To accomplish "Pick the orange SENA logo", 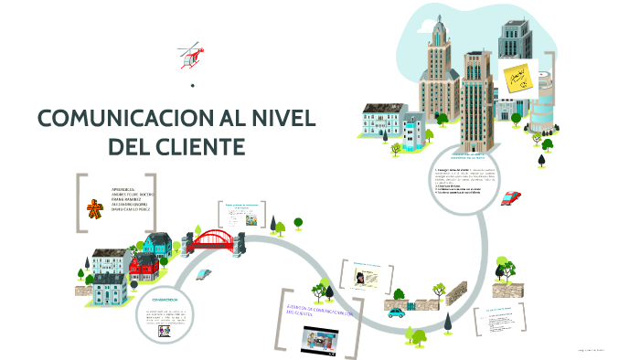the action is point(94,209).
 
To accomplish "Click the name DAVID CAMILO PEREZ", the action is point(132,209).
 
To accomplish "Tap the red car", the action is point(486,198).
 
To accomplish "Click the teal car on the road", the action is point(396,312).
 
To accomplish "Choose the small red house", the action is point(144,267).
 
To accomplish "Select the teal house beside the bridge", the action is point(158,245).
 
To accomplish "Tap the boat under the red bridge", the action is point(203,272).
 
